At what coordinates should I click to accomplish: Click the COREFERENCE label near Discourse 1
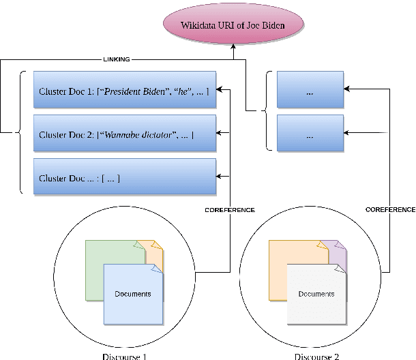[230, 210]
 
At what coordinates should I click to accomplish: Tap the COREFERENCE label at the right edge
[390, 210]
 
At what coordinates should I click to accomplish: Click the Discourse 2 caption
[317, 355]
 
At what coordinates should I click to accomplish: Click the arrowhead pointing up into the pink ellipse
[234, 46]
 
